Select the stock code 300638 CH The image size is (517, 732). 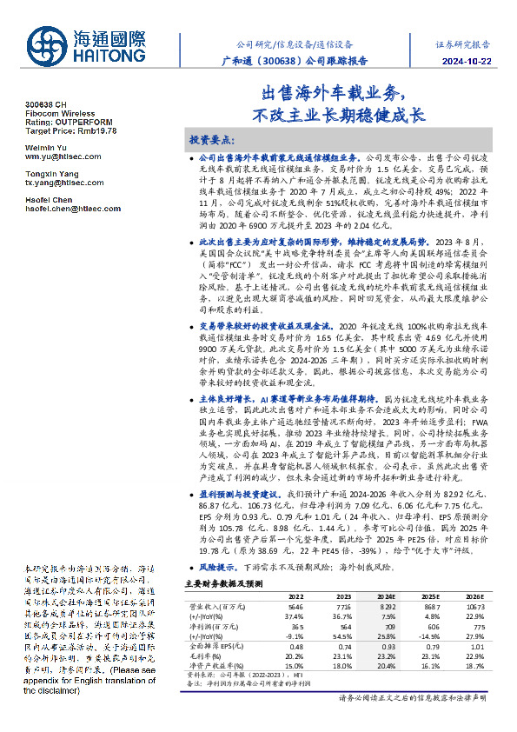coord(44,105)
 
